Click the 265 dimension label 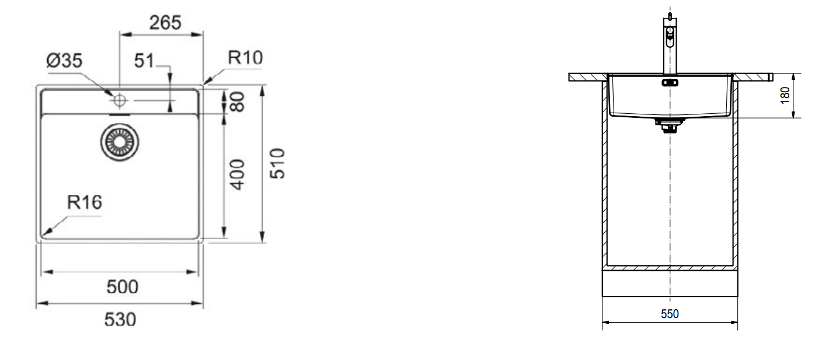point(165,23)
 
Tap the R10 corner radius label point(245,58)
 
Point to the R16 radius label point(85,202)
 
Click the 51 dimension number point(144,61)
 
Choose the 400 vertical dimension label point(238,174)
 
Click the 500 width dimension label point(122,286)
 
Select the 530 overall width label point(120,319)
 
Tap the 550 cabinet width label point(670,314)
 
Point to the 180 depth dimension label point(785,95)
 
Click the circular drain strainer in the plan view point(121,142)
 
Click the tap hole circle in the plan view point(120,100)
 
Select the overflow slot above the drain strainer point(121,116)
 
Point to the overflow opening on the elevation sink point(670,82)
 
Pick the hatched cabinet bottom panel point(670,268)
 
